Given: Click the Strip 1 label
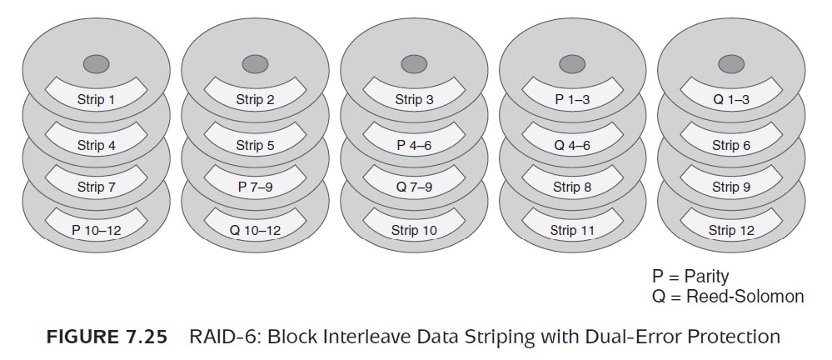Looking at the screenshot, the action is [96, 99].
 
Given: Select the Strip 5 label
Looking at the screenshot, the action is [255, 145].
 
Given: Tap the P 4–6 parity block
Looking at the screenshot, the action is [414, 145].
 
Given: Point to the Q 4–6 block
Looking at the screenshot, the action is [572, 145].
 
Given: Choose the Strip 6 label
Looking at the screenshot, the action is [731, 145].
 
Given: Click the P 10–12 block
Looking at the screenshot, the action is [96, 230].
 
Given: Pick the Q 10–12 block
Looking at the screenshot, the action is [255, 230].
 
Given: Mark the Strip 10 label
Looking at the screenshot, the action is [414, 230].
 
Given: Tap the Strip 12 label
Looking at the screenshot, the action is [731, 230].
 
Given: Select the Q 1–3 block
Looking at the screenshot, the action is [731, 99].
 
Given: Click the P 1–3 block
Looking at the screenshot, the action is [572, 99].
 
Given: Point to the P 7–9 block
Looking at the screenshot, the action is [255, 187].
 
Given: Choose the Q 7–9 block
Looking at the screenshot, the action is [414, 187].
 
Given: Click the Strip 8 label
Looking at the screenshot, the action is [572, 187].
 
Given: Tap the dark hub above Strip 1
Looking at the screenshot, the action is [96, 64].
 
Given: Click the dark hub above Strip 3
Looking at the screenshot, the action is [414, 64].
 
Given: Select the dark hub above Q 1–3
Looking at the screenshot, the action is [731, 64].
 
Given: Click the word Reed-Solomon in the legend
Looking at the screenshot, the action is [745, 296].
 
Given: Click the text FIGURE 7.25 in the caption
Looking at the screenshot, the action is [107, 337].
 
